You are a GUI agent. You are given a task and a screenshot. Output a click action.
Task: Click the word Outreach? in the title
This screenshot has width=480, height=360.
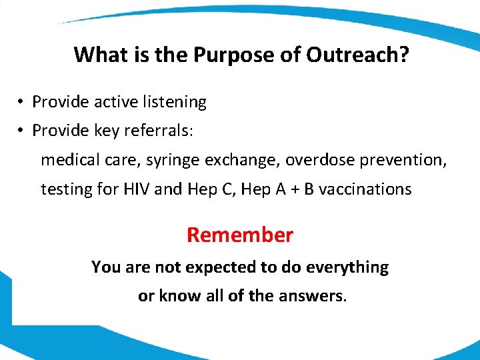coord(357,55)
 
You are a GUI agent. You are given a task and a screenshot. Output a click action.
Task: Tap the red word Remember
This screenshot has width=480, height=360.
coord(240,235)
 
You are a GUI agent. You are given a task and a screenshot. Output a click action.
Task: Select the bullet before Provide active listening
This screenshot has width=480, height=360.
coord(21,102)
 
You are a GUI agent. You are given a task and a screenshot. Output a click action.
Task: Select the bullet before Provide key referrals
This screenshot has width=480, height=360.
coord(21,131)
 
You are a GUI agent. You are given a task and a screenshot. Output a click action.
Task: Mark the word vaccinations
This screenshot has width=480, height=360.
coord(365,189)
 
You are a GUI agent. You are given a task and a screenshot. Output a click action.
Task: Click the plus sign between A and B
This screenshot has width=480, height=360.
coord(294,189)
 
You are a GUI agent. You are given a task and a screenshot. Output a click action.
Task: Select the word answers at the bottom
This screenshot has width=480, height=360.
coord(311,295)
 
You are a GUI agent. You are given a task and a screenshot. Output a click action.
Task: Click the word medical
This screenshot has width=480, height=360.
coord(67,160)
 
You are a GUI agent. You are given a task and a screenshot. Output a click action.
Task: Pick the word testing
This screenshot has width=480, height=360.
coord(65,189)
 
